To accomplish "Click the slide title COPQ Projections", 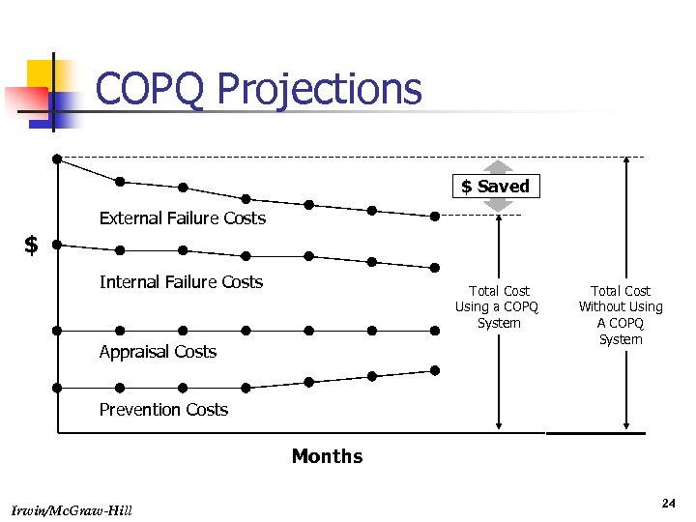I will click(258, 89).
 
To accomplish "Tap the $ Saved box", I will click(496, 186).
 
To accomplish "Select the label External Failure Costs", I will click(182, 218).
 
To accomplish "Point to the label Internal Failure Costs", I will click(181, 282).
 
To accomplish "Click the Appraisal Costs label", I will click(158, 352).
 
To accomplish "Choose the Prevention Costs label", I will click(163, 410).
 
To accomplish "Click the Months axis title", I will click(327, 456).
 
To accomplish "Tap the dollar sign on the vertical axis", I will click(31, 246).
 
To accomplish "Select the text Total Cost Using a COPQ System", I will click(499, 306).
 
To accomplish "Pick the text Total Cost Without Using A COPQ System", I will click(621, 314).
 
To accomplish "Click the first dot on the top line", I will click(57, 158).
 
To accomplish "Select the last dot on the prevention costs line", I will click(435, 370).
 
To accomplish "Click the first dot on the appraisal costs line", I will click(57, 330).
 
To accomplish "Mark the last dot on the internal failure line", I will click(435, 268).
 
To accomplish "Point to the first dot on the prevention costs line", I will click(57, 388).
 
